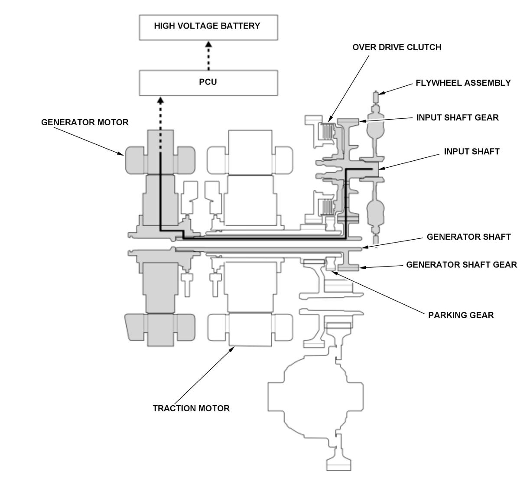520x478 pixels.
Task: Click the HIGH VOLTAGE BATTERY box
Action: coord(208,27)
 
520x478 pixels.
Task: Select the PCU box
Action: coord(208,83)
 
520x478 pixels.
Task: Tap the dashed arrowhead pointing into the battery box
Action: coord(208,44)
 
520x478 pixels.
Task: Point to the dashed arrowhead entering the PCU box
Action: coord(160,101)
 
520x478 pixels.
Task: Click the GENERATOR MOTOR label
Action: coord(85,122)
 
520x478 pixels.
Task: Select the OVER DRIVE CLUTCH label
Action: coord(397,47)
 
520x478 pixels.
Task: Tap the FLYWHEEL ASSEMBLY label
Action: coord(463,83)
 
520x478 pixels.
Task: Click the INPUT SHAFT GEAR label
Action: coord(458,117)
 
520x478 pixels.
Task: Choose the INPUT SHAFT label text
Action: coord(472,152)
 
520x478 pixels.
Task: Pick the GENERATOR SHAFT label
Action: coord(469,237)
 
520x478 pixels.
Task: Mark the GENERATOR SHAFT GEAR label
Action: coord(461,264)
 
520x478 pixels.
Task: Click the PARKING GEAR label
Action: coord(461,315)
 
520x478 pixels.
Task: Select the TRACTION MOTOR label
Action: coord(191,408)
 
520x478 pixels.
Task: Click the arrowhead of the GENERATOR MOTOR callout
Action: coord(121,154)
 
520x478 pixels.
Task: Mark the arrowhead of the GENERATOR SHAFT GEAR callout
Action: coord(362,267)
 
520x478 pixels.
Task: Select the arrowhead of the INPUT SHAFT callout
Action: coord(382,169)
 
